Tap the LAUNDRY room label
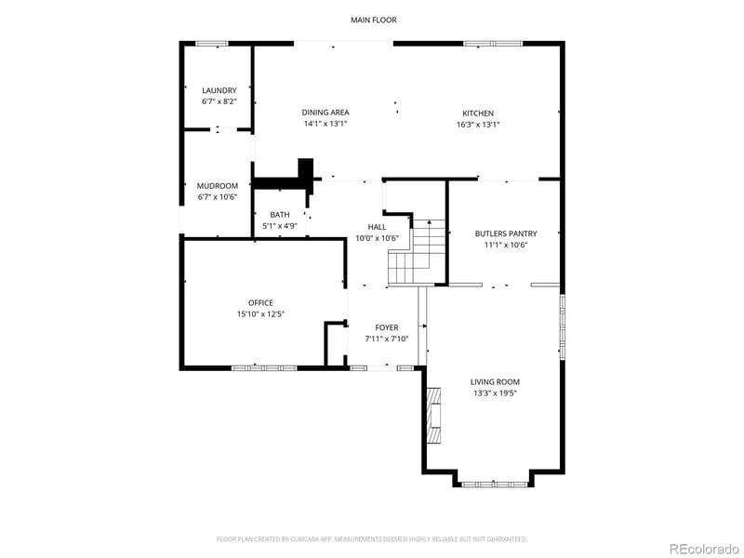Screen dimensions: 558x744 pyautogui.click(x=219, y=90)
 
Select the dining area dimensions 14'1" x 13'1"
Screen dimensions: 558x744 pyautogui.click(x=325, y=124)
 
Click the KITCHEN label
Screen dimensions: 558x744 pyautogui.click(x=478, y=113)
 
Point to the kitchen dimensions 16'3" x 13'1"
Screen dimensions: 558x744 pyautogui.click(x=478, y=125)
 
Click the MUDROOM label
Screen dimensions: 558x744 pyautogui.click(x=219, y=186)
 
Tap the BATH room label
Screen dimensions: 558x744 pyautogui.click(x=279, y=215)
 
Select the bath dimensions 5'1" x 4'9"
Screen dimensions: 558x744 pyautogui.click(x=279, y=226)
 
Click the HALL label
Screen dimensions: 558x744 pyautogui.click(x=377, y=227)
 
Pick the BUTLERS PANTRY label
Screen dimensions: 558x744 pyautogui.click(x=506, y=234)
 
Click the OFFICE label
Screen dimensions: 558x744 pyautogui.click(x=260, y=302)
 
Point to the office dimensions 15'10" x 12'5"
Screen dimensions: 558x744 pyautogui.click(x=260, y=314)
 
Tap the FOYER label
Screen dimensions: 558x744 pyautogui.click(x=386, y=327)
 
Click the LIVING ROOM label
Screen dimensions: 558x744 pyautogui.click(x=494, y=381)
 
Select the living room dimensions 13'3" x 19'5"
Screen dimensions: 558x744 pyautogui.click(x=494, y=393)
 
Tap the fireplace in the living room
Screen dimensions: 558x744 pyautogui.click(x=433, y=418)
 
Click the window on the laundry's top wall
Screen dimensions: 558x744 pyautogui.click(x=211, y=42)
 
